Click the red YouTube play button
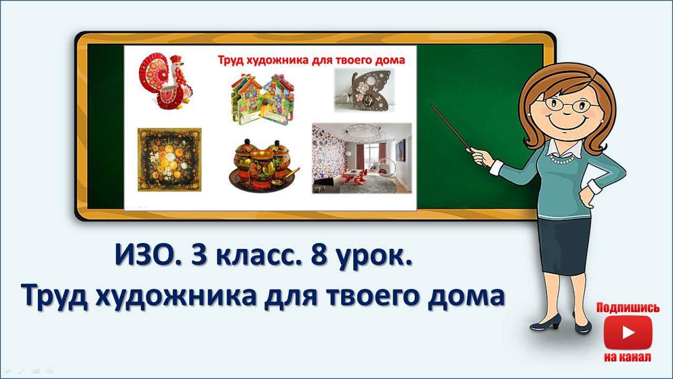click(628, 333)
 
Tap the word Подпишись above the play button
click(628, 308)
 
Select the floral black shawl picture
click(169, 159)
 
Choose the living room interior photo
click(362, 158)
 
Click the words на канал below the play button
click(628, 357)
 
